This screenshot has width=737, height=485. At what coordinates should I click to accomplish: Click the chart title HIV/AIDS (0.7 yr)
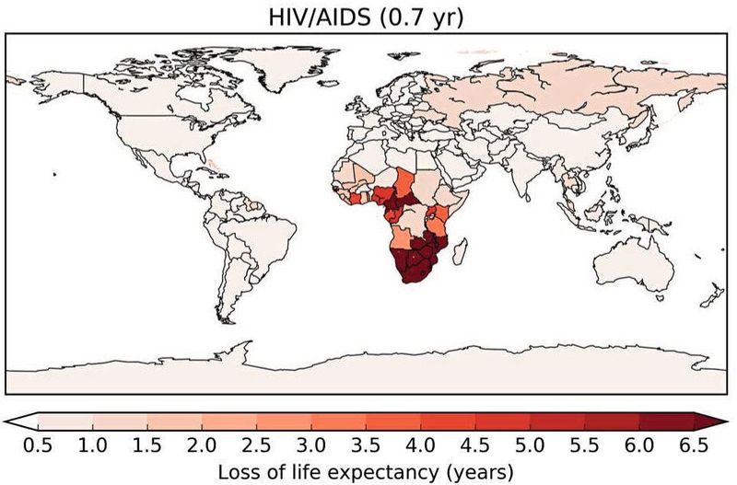368,16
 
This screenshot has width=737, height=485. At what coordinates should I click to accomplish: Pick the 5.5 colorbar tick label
585,446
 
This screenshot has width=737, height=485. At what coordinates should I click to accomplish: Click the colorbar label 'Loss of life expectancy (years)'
368,470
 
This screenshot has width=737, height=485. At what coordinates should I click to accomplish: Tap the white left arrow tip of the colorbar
18,421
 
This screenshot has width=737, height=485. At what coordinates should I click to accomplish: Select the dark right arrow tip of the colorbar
716,421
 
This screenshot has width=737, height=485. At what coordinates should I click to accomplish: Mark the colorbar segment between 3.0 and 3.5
339,421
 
